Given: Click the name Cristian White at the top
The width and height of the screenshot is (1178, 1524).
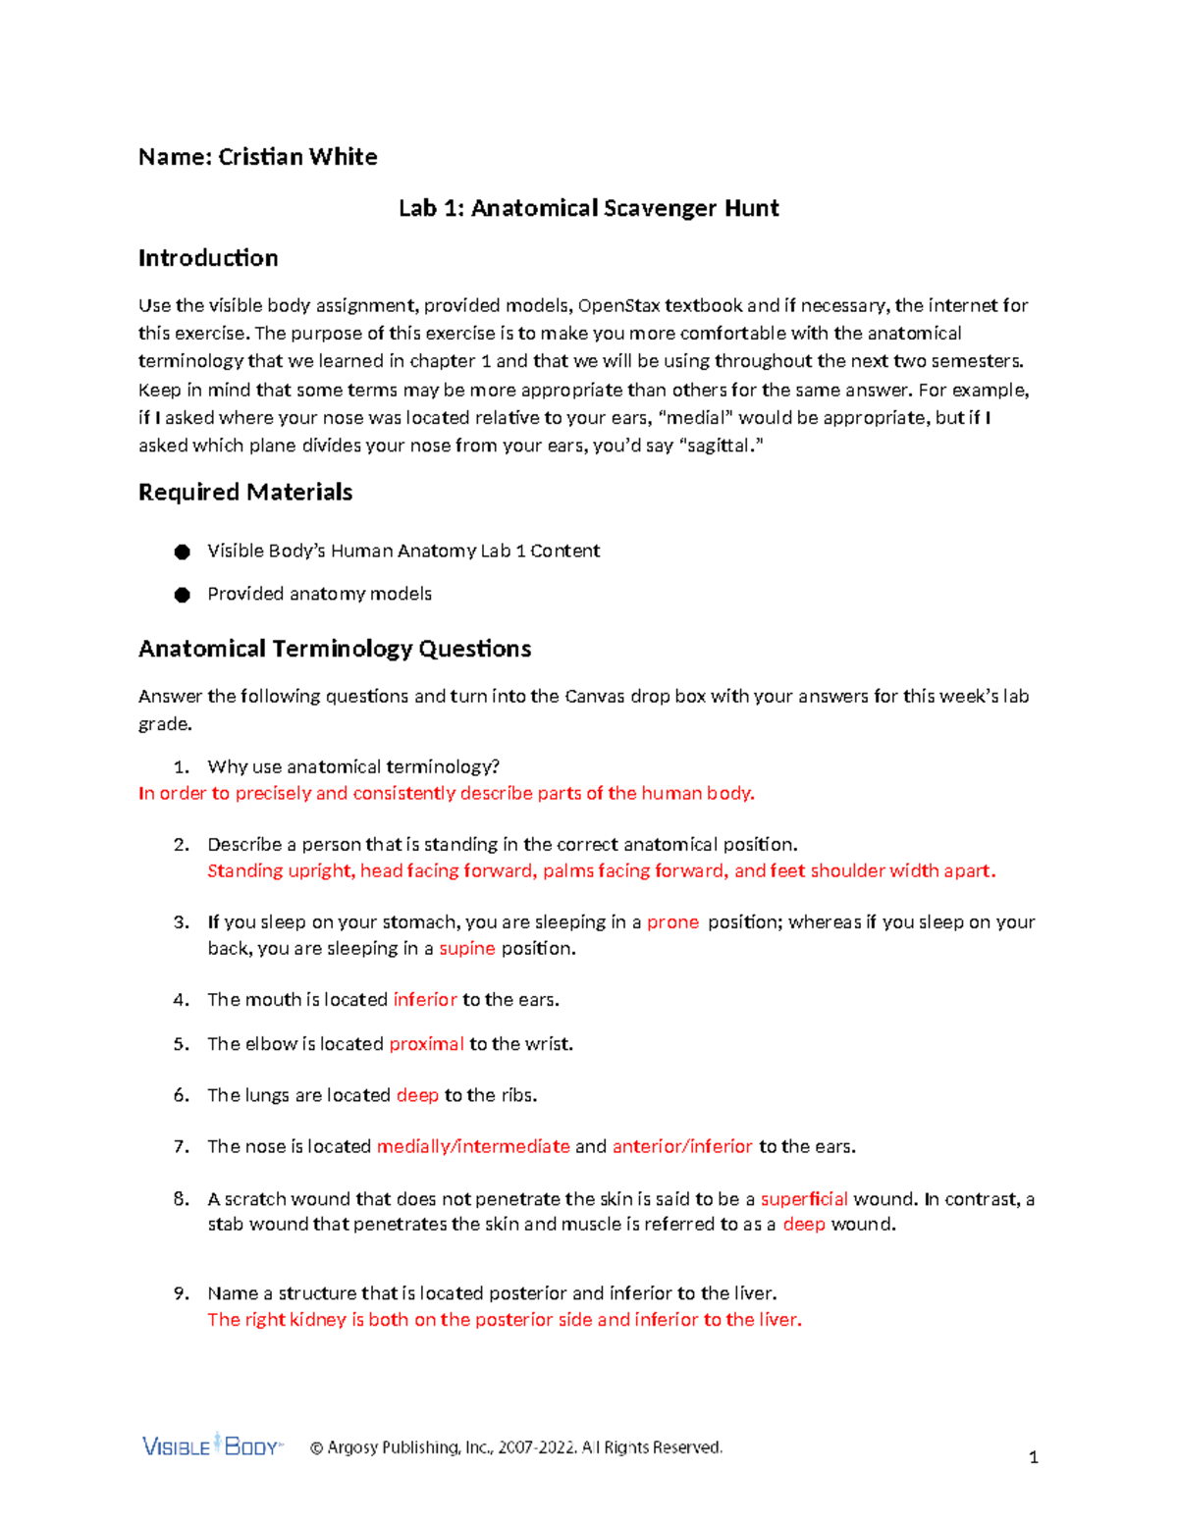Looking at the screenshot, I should coord(297,157).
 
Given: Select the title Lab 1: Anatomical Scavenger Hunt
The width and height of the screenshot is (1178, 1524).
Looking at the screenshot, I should coord(588,208).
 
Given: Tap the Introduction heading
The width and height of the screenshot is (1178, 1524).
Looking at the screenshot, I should coord(208,258).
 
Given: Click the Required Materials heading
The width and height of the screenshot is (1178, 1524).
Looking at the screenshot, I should coord(245,492).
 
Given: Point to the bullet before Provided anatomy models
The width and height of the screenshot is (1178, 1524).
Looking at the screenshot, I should coord(182,595).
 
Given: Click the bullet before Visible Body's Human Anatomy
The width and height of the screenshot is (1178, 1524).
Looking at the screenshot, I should coord(182,552).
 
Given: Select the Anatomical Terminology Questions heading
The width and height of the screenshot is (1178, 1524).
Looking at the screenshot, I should coord(335,649).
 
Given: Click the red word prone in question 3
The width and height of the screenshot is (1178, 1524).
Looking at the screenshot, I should coord(672,922).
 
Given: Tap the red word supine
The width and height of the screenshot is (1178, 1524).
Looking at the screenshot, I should coord(467,949).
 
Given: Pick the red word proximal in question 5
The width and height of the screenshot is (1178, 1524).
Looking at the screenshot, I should coord(426,1044).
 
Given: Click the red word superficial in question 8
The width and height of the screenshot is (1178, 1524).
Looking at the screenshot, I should coord(804,1199).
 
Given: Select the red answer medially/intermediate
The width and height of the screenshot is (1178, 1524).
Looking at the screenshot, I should coord(473,1146).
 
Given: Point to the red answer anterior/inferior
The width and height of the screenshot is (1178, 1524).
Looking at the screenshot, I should coord(682,1146).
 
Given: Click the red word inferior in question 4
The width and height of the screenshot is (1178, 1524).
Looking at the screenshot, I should coord(425,1000).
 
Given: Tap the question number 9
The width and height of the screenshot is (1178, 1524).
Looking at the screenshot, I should coord(181,1293).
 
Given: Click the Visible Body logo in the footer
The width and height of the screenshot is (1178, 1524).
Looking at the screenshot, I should coord(212,1445).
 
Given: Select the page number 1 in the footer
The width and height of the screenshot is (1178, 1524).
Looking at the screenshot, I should coord(1033,1457).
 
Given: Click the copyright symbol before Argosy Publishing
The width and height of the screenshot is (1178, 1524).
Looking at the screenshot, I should coord(316,1447).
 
